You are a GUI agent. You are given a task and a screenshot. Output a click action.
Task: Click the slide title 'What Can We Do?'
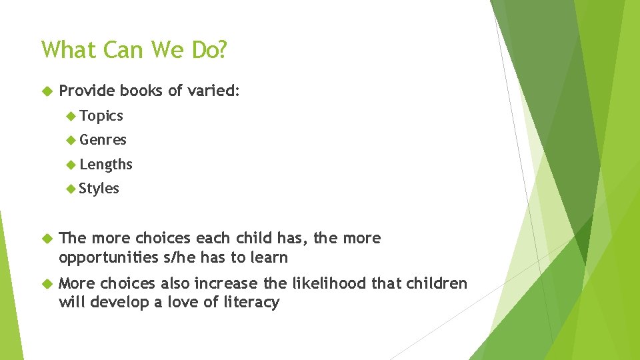pos(133,50)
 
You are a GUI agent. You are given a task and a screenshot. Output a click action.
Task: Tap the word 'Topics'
pos(101,116)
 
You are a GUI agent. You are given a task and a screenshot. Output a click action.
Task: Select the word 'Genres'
pos(103,140)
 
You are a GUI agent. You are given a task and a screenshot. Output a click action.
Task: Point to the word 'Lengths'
pos(105,164)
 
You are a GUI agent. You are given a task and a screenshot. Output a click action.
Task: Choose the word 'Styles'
pos(99,189)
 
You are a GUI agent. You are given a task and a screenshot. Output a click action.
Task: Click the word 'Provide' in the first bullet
pos(87,91)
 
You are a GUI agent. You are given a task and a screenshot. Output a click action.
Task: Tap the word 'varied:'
pos(213,91)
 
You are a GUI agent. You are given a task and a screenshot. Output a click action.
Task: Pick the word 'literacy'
pos(252,303)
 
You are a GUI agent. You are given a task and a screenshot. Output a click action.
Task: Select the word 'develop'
pos(117,303)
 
